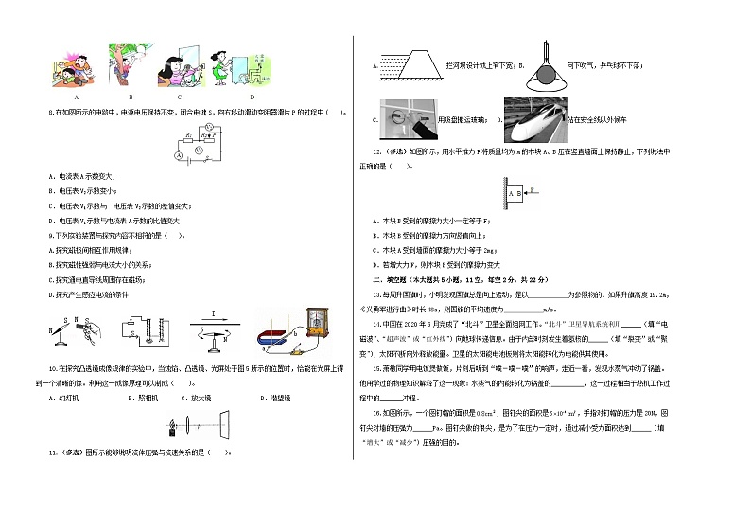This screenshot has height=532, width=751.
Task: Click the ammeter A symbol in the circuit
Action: pos(179,153)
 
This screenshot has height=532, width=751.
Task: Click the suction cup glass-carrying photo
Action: pos(411,117)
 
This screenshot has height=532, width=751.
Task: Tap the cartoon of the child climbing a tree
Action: pos(129,66)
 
